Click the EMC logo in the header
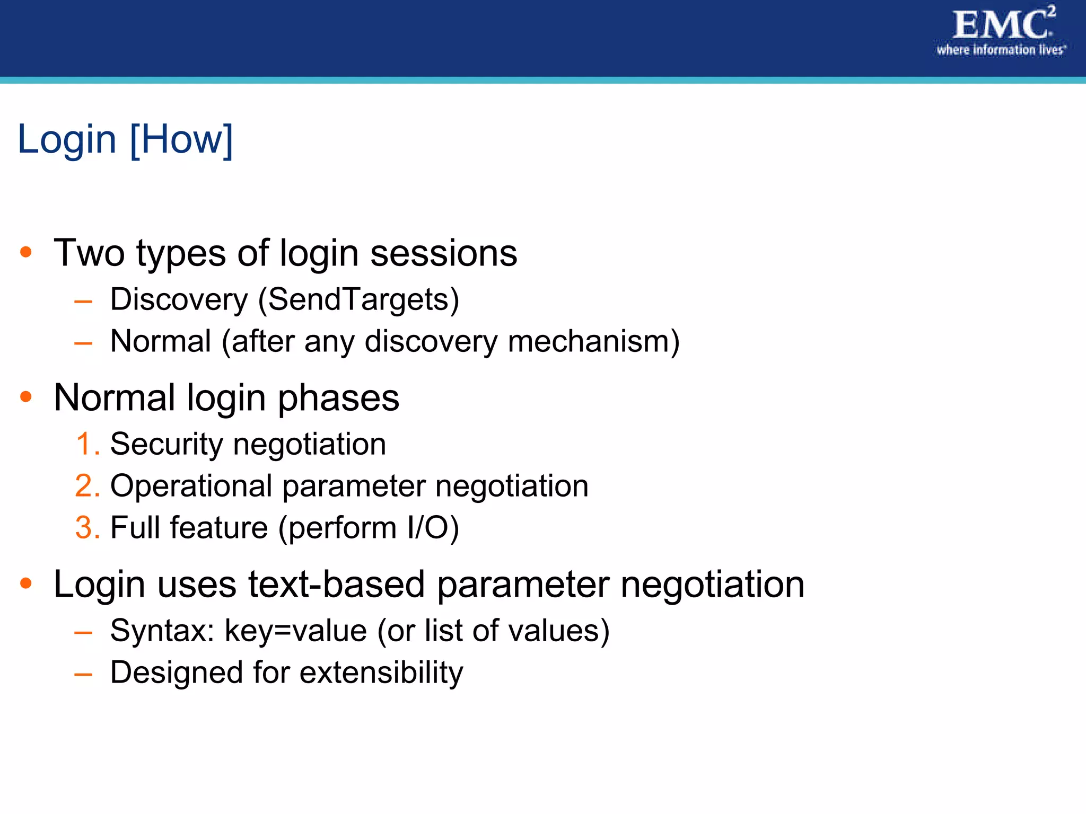pos(1001,25)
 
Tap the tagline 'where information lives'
pos(1001,50)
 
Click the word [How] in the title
pos(181,139)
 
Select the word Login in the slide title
pos(67,139)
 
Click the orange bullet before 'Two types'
pos(25,252)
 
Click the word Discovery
pos(179,299)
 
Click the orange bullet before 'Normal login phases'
pos(25,396)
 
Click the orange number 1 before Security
pos(84,444)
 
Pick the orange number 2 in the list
pos(84,485)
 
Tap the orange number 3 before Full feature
pos(84,527)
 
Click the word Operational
pos(191,486)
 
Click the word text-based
pos(336,585)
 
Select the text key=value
pos(295,631)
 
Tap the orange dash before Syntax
pos(83,632)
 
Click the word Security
pos(167,444)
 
